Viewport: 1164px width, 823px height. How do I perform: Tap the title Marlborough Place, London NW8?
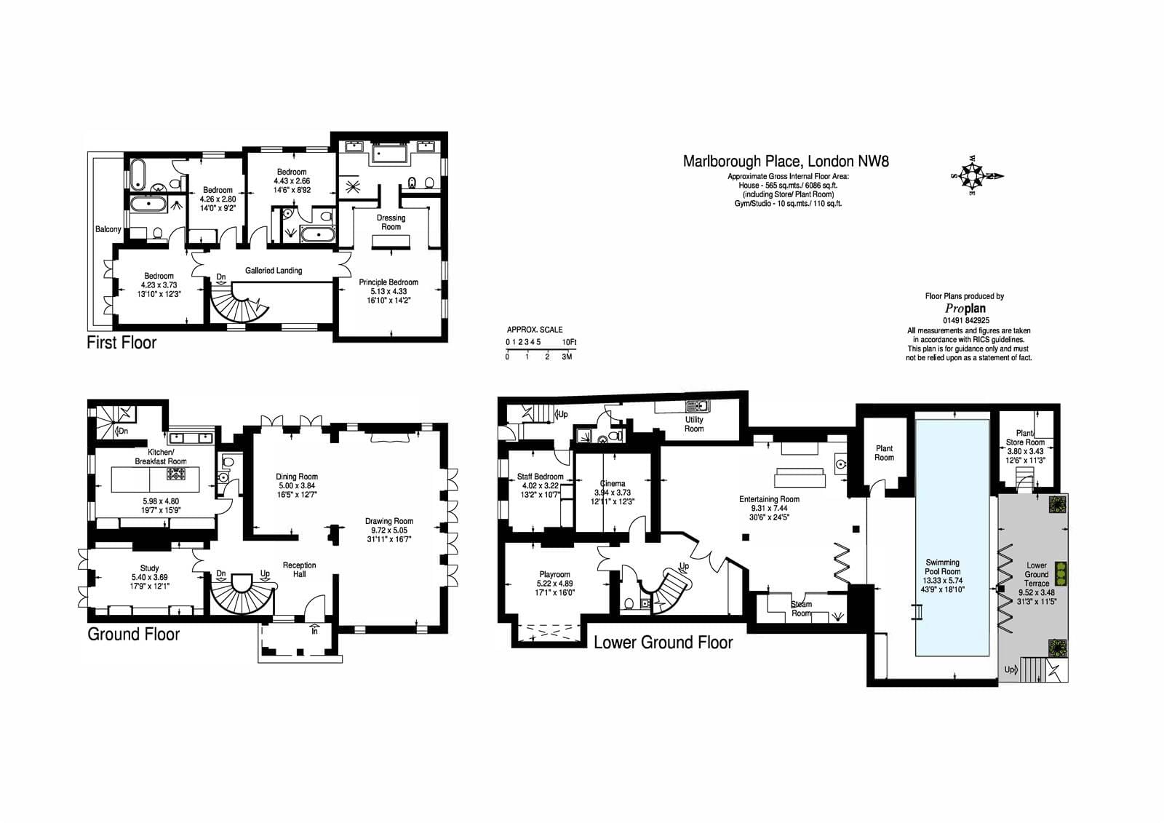click(786, 161)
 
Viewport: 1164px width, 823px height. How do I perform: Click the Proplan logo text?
click(965, 309)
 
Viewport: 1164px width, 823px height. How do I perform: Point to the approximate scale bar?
click(541, 349)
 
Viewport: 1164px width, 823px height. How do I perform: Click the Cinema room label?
click(613, 483)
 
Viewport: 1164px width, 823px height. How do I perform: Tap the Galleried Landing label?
click(274, 271)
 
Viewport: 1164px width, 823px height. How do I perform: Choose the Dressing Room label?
click(391, 223)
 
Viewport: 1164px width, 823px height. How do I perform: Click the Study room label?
click(149, 568)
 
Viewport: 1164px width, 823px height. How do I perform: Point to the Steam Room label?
click(801, 608)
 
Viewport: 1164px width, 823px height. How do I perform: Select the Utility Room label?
click(694, 424)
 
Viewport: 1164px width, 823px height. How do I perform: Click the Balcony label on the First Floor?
click(108, 229)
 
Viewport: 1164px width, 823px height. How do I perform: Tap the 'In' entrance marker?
click(314, 632)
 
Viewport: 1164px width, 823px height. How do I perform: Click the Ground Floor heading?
click(134, 635)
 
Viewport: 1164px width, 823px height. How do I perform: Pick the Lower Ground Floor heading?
click(663, 643)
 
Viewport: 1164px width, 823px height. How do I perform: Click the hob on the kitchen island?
click(175, 474)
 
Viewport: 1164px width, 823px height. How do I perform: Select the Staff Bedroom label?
click(540, 476)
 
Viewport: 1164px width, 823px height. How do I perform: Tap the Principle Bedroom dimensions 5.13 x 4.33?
click(388, 291)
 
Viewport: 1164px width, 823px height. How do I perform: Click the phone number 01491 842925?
click(966, 321)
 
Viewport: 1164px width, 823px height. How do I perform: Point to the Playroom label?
click(554, 574)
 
